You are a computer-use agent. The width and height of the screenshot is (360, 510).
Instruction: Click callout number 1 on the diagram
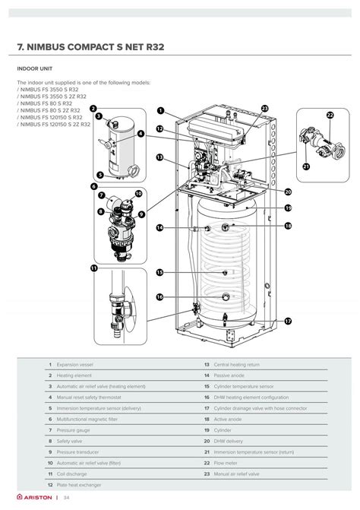click(161, 110)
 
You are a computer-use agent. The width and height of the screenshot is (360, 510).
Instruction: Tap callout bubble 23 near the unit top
click(264, 109)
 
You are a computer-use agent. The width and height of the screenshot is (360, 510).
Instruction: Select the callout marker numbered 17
click(288, 322)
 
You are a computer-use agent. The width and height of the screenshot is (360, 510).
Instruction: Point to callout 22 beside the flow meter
click(330, 116)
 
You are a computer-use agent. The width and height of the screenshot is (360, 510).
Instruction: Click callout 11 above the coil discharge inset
click(94, 268)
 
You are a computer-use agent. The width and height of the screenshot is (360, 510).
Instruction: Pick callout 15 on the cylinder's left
click(160, 272)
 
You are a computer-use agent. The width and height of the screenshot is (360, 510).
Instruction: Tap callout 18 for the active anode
click(288, 226)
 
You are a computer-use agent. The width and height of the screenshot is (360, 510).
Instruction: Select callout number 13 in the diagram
click(160, 157)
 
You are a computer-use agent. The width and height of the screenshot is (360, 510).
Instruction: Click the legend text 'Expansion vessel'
click(74, 365)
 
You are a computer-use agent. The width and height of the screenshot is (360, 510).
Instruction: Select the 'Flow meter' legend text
click(226, 462)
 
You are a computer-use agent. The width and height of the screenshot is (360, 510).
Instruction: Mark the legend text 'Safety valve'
click(70, 441)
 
